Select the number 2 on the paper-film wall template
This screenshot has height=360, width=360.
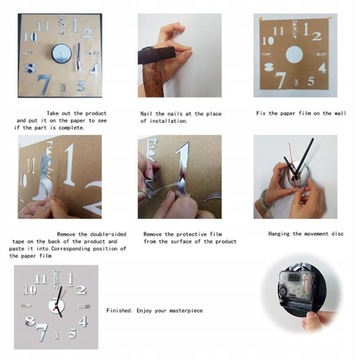click(x=316, y=35)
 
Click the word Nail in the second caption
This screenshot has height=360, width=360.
click(x=149, y=115)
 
